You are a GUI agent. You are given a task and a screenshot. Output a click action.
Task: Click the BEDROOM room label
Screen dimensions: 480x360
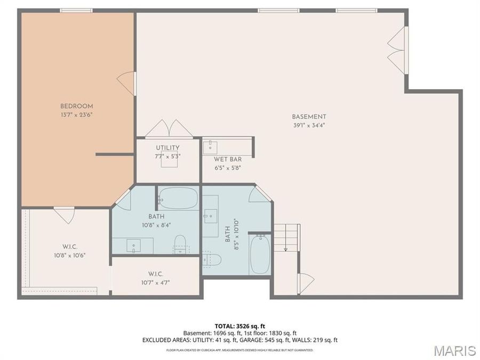pyautogui.click(x=76, y=106)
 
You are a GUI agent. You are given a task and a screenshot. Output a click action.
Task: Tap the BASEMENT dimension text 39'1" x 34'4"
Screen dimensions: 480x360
pyautogui.click(x=309, y=125)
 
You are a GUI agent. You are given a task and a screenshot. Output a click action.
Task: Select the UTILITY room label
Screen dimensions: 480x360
pyautogui.click(x=167, y=148)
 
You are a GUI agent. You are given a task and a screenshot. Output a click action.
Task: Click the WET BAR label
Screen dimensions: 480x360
pyautogui.click(x=228, y=159)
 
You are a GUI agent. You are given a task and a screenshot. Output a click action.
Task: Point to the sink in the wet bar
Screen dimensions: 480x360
pyautogui.click(x=210, y=148)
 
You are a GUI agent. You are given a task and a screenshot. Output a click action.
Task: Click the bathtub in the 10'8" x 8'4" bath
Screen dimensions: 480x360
pyautogui.click(x=179, y=197)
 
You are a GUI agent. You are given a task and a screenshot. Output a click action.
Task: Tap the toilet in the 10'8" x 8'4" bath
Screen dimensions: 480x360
pyautogui.click(x=180, y=244)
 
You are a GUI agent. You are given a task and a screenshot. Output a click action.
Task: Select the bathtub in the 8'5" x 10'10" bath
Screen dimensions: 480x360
pyautogui.click(x=260, y=254)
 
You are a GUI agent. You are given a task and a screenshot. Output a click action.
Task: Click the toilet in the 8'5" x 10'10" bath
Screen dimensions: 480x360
pyautogui.click(x=212, y=260)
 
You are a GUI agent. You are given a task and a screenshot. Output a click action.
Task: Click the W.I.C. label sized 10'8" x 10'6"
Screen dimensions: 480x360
pyautogui.click(x=70, y=247)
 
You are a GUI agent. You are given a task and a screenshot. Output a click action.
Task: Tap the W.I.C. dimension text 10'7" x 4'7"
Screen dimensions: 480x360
pyautogui.click(x=156, y=283)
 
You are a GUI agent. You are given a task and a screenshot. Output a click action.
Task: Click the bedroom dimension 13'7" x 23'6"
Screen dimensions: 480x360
pyautogui.click(x=76, y=115)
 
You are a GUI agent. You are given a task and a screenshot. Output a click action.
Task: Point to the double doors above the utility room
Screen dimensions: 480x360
pyautogui.click(x=169, y=129)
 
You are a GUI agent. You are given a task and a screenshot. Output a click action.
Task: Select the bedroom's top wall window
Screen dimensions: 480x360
pyautogui.click(x=76, y=11)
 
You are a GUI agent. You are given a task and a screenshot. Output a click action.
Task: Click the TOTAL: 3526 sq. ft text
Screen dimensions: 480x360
pyautogui.click(x=239, y=326)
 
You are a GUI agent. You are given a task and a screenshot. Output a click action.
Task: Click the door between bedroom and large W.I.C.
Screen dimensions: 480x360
pyautogui.click(x=65, y=215)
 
